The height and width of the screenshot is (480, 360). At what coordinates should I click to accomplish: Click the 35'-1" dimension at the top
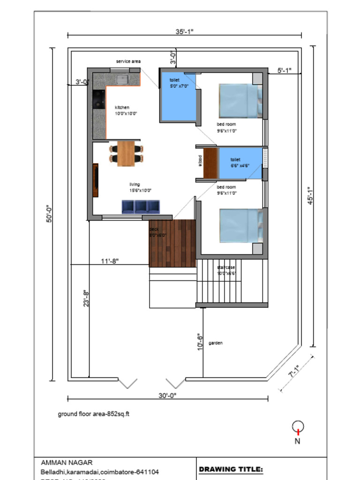pos(184,31)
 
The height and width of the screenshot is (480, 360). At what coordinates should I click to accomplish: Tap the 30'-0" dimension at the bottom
pos(167,395)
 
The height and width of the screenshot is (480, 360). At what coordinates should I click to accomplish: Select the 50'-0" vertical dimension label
pos(49,214)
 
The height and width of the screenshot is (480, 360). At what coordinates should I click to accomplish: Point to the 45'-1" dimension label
pos(309,199)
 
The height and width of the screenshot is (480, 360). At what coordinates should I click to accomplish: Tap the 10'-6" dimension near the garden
pos(200,342)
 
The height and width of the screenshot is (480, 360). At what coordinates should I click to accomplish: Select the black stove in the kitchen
pos(98,99)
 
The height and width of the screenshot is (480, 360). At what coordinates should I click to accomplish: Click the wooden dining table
pos(126,153)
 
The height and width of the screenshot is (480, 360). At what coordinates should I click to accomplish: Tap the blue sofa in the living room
pos(141,207)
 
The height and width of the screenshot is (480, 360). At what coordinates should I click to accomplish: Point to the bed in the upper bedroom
pos(240,101)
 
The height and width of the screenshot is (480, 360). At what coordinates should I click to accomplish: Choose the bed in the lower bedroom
pos(240,225)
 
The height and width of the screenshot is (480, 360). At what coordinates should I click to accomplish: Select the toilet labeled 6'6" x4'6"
pos(240,163)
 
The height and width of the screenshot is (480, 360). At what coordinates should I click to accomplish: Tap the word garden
pos(215,343)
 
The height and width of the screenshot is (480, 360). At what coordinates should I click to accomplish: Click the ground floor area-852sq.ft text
pos(97,414)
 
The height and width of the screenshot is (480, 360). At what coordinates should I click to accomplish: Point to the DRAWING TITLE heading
pos(231,469)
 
